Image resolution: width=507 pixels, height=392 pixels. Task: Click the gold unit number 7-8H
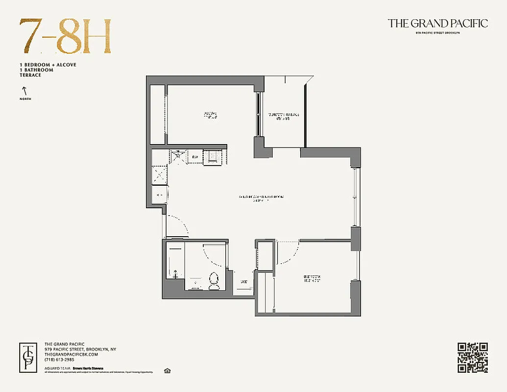point(65,37)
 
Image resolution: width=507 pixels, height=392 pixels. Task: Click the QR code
point(473,358)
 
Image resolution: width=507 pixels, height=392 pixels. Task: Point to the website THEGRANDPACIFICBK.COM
point(71,354)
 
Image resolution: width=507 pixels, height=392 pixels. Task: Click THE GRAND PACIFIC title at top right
point(437,24)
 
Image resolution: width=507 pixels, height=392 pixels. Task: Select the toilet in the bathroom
point(214,281)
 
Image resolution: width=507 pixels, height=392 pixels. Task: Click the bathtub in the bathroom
point(174,262)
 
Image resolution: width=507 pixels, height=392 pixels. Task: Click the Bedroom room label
point(312,278)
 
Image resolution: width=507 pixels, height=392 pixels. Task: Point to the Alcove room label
point(210,116)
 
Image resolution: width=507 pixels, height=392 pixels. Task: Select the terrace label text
point(283,116)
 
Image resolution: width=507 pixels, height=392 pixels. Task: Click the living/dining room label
point(261,198)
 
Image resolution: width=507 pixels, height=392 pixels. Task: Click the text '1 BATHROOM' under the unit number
point(37,70)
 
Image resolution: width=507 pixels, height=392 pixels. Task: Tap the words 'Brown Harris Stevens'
point(88,367)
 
